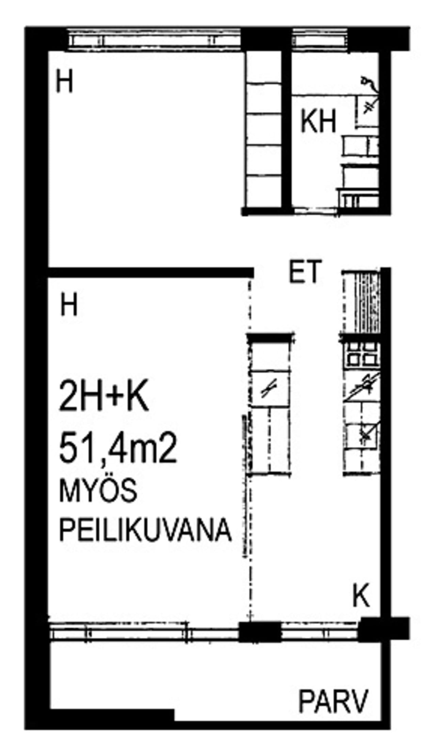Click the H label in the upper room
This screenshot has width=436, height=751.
pos(64,82)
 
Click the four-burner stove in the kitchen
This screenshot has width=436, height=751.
pos(362,354)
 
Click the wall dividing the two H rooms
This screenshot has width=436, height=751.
pos(150,272)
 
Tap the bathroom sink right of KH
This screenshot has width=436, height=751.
pos(366,111)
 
